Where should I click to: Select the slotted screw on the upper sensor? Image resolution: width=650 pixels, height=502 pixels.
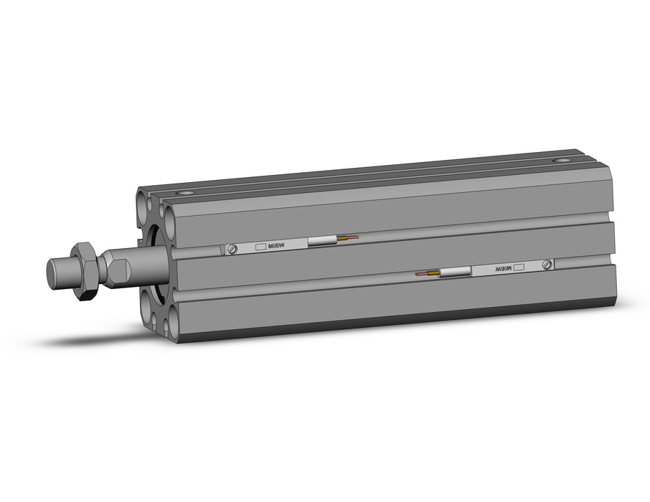(232, 249)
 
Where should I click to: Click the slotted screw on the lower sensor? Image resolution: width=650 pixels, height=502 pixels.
(547, 265)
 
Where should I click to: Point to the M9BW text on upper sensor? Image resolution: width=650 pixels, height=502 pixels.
(275, 246)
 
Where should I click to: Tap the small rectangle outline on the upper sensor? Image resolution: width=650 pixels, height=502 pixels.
(260, 247)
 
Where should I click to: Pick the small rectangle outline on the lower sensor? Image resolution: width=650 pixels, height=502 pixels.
(519, 267)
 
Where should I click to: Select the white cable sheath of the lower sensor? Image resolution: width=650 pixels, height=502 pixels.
(455, 271)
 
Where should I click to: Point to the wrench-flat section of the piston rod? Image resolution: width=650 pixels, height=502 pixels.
(117, 267)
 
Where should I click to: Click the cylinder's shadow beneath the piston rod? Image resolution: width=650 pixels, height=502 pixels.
(100, 336)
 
